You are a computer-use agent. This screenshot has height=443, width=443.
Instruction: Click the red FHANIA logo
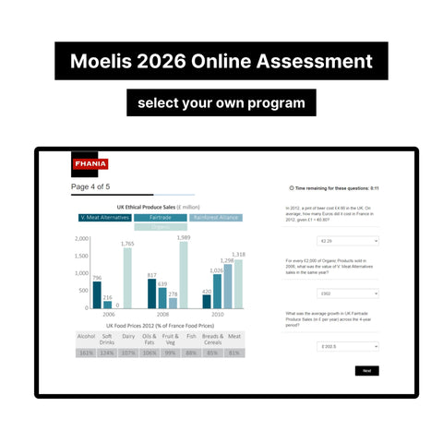(x=90, y=164)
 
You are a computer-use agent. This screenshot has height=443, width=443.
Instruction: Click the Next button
(x=366, y=370)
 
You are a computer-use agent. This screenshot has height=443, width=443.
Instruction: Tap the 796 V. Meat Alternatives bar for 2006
(x=97, y=293)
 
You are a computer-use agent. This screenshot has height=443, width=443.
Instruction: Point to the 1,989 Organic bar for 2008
(x=184, y=273)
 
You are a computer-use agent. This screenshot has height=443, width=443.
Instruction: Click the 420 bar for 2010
(x=207, y=300)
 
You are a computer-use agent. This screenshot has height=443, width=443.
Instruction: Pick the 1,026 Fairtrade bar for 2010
(x=217, y=289)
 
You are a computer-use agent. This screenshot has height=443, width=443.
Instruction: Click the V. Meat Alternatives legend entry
(x=105, y=218)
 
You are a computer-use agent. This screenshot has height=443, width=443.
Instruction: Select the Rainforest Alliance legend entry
(x=216, y=218)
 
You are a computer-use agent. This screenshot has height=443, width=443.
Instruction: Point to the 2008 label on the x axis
(x=162, y=314)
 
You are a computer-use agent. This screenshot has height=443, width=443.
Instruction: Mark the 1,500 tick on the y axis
(x=81, y=257)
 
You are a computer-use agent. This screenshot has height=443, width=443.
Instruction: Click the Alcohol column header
(x=87, y=338)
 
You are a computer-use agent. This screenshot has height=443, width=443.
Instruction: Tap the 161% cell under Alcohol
(x=87, y=352)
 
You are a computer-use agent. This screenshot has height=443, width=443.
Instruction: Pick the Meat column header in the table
(x=234, y=338)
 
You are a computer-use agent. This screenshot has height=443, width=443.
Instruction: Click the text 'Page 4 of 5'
(x=90, y=187)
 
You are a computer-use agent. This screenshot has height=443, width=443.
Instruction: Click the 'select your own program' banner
(x=221, y=102)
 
